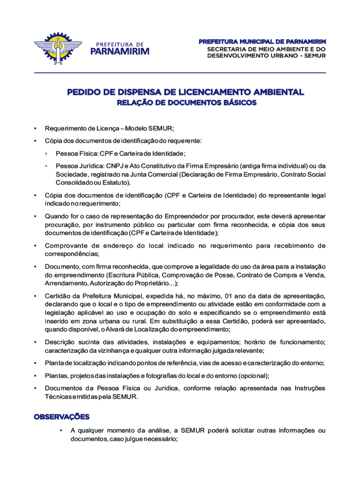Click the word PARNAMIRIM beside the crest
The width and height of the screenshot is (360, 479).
[119, 51]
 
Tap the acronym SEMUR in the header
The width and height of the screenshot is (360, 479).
[315, 56]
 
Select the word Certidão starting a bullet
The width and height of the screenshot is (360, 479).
[57, 296]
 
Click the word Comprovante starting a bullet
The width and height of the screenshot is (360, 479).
[66, 246]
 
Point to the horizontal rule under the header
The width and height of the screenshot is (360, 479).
[180, 73]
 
